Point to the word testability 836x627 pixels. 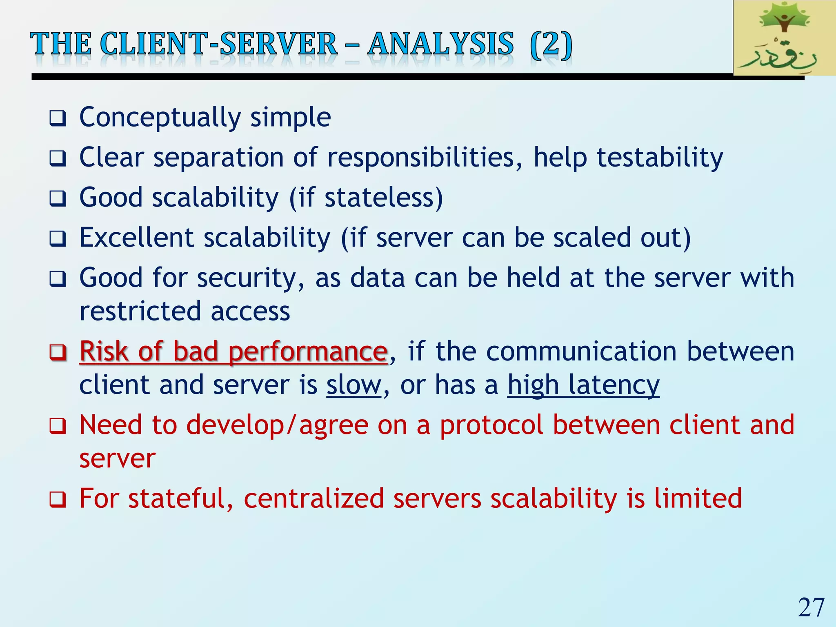[660, 158]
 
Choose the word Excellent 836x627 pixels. [137, 238]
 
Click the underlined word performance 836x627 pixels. [307, 352]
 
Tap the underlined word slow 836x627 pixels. [354, 385]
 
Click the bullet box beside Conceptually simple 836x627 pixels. [58, 119]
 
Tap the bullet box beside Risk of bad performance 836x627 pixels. [58, 352]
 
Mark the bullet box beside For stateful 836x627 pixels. [58, 499]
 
